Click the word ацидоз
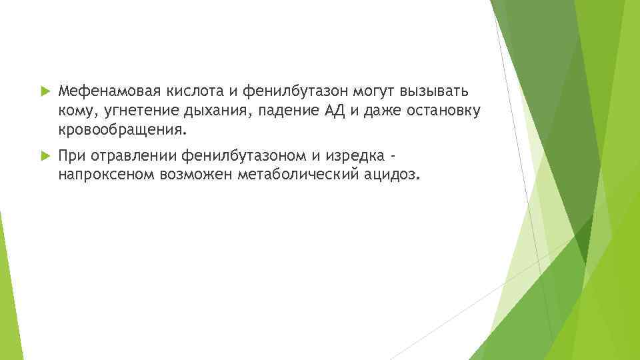point(393,175)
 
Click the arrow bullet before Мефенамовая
point(45,91)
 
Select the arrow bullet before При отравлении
point(45,156)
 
